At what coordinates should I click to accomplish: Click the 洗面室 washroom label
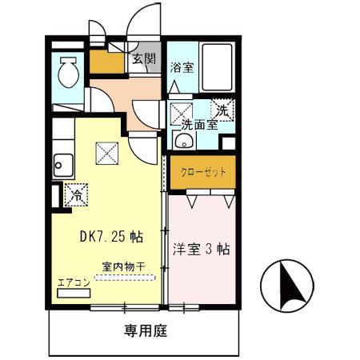(198, 125)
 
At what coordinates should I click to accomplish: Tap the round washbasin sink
(183, 142)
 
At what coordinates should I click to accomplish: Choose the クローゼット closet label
(202, 171)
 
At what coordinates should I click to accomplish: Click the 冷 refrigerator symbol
(78, 193)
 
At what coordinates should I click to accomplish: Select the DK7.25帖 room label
(111, 237)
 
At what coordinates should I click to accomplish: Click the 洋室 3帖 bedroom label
(202, 249)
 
